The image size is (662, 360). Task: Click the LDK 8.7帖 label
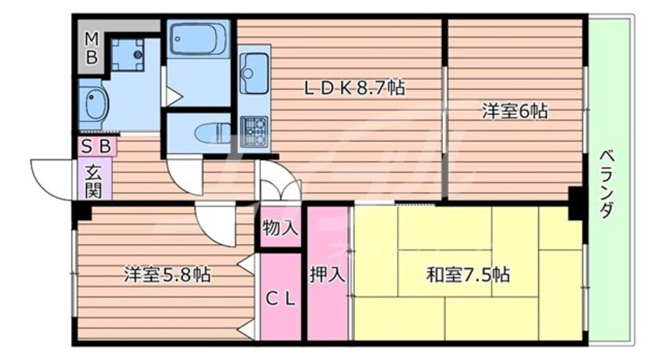tap(354, 88)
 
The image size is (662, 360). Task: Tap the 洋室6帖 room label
tap(514, 111)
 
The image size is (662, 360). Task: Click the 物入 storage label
tap(280, 229)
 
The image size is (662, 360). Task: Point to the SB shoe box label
tap(96, 146)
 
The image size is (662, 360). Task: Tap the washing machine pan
tap(128, 53)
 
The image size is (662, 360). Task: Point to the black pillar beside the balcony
tap(577, 203)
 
